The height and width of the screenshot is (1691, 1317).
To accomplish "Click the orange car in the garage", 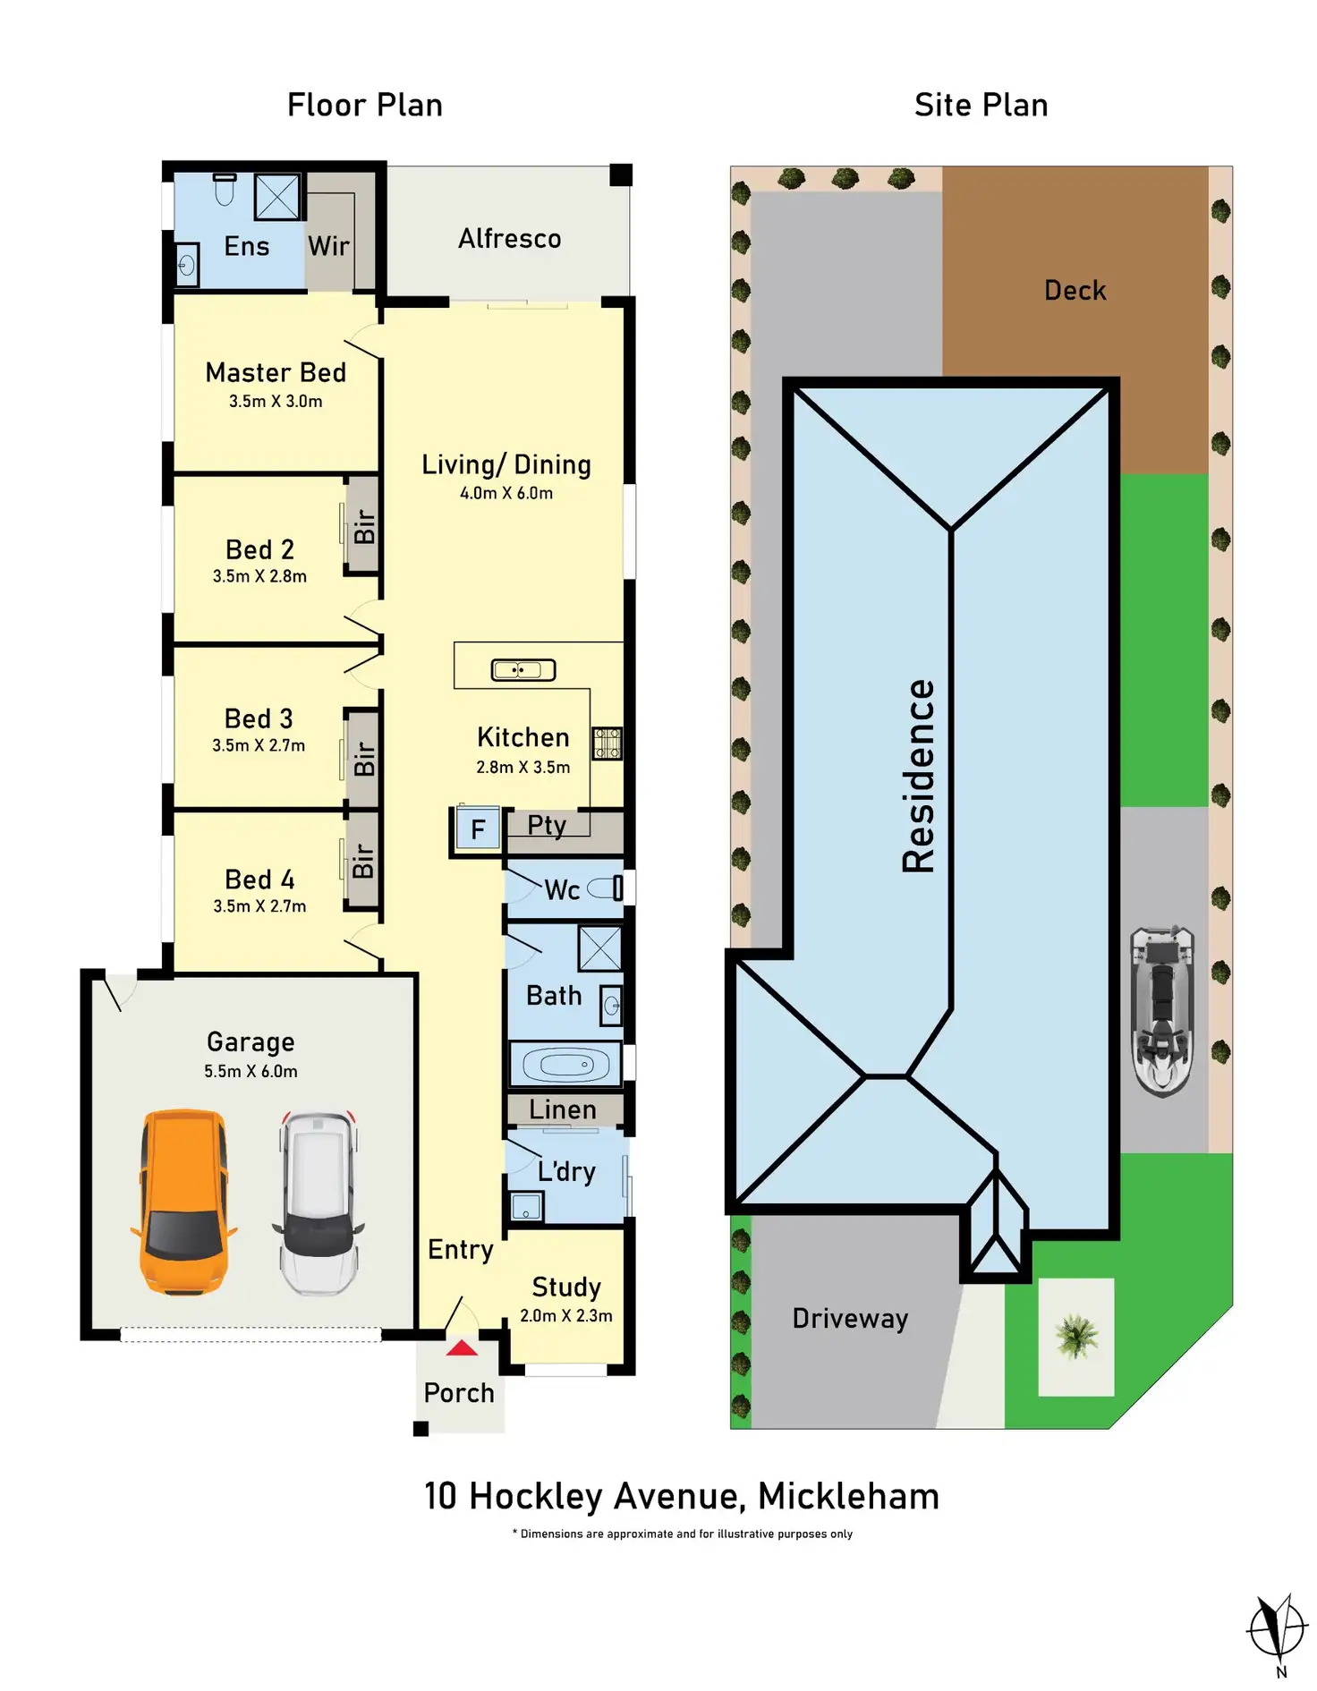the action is pos(183,1202).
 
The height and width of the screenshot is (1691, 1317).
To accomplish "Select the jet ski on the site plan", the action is pos(1162,1011).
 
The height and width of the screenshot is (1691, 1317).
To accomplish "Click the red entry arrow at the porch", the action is pos(462,1347).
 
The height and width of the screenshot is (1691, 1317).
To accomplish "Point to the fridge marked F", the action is pos(478,829).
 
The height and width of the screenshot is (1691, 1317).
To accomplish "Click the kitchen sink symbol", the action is pos(523,669).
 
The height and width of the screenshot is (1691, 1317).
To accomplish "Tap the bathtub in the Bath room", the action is pos(565,1065).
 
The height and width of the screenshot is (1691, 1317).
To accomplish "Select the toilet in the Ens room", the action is pos(225,189).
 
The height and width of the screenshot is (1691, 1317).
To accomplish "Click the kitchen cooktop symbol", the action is pos(608,743).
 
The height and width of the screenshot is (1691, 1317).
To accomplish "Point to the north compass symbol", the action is pos(1278,1628).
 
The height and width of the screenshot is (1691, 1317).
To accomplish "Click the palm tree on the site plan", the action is pos(1076,1337).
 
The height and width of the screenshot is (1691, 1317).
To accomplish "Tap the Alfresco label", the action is pos(510,239).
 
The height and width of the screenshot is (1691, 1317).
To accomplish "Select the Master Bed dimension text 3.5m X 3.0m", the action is pos(276,402).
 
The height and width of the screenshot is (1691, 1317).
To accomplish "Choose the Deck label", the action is pos(1075,291).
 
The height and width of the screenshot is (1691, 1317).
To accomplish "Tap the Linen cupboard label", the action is pos(563,1110).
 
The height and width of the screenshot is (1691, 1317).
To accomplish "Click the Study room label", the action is pos(566,1287).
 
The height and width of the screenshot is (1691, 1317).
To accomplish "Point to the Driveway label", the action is pos(850,1319).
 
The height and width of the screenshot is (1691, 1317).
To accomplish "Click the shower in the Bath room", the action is pos(599,948).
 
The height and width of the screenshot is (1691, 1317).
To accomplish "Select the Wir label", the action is pos(328,246).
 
